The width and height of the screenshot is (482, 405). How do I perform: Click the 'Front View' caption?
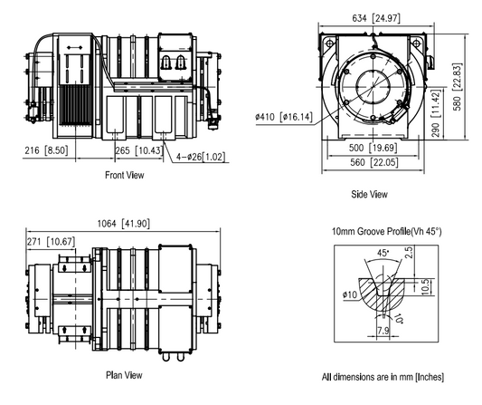[x=126, y=175]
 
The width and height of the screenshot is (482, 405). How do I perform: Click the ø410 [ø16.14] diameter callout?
[x=284, y=116]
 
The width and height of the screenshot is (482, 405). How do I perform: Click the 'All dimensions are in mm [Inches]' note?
[x=382, y=376]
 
